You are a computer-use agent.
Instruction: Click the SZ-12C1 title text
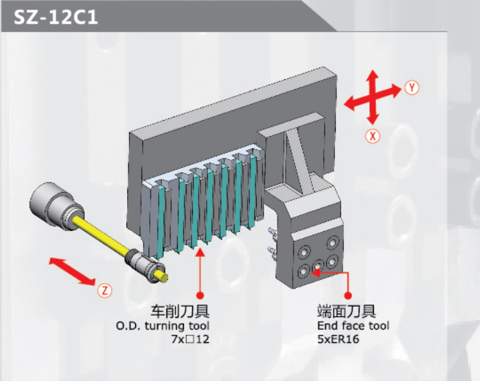point(55,17)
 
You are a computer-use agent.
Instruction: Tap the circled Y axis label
point(412,87)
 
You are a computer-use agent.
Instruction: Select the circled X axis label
point(372,136)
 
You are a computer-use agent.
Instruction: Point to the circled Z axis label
point(105,291)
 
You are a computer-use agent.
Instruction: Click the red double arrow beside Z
point(73,271)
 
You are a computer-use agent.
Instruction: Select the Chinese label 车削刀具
point(180,311)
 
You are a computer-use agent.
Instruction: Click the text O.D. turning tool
point(162,326)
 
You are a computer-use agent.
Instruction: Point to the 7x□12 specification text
point(190,339)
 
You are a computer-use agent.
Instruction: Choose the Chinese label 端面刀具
point(347,311)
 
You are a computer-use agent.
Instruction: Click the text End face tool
point(353,325)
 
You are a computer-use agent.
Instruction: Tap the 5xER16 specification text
point(338,339)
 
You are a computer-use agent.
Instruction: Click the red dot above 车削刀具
point(200,296)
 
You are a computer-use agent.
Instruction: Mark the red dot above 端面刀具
point(348,296)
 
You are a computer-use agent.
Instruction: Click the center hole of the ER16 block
point(318,266)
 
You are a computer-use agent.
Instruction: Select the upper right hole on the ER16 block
point(332,243)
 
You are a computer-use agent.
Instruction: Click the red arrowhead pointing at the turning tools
point(200,253)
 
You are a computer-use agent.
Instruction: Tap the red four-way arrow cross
point(372,97)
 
